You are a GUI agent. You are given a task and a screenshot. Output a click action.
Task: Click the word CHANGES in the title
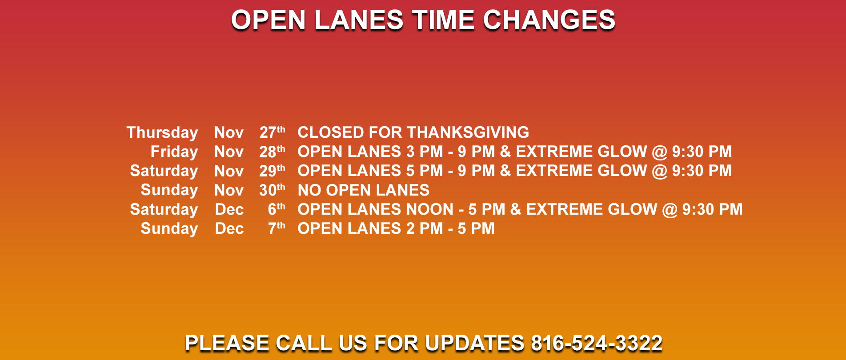tap(549, 20)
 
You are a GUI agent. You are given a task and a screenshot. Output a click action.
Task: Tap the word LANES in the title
tap(359, 20)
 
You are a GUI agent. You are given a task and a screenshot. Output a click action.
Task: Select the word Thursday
tap(162, 133)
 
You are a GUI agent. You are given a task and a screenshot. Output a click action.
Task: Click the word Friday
tap(174, 152)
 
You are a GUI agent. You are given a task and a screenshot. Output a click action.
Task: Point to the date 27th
tap(272, 132)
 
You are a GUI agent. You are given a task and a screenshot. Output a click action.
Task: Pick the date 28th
tap(272, 152)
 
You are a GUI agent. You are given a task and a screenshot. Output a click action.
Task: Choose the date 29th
tap(272, 171)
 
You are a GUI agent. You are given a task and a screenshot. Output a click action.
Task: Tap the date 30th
tap(272, 190)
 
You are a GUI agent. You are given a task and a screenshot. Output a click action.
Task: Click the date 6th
tap(277, 209)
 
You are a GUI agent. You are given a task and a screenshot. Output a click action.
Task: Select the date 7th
tap(277, 228)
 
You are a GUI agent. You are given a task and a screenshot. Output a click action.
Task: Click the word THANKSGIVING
tap(468, 132)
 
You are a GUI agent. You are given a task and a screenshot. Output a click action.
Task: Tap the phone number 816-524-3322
tap(597, 343)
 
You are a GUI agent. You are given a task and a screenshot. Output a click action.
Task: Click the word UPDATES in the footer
tap(475, 343)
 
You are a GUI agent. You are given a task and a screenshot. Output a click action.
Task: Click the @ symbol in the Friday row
tap(660, 152)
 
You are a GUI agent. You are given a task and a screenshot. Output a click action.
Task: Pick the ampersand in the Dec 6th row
tap(516, 209)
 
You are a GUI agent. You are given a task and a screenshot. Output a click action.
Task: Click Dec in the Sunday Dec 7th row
tap(229, 228)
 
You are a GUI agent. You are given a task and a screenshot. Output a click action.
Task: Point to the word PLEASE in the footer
tap(227, 343)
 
